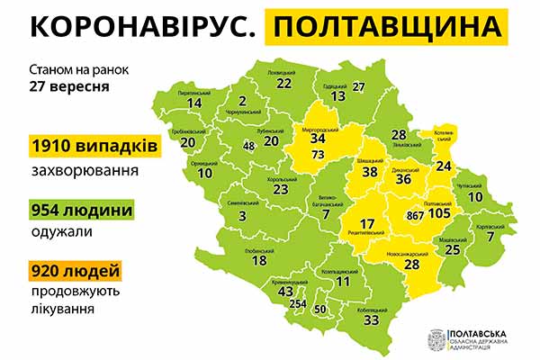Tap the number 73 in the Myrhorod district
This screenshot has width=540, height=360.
point(317,155)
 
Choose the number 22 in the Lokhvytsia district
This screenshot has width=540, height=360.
point(284,83)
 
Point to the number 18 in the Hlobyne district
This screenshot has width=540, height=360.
point(259,260)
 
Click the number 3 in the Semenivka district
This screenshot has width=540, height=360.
point(243,216)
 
